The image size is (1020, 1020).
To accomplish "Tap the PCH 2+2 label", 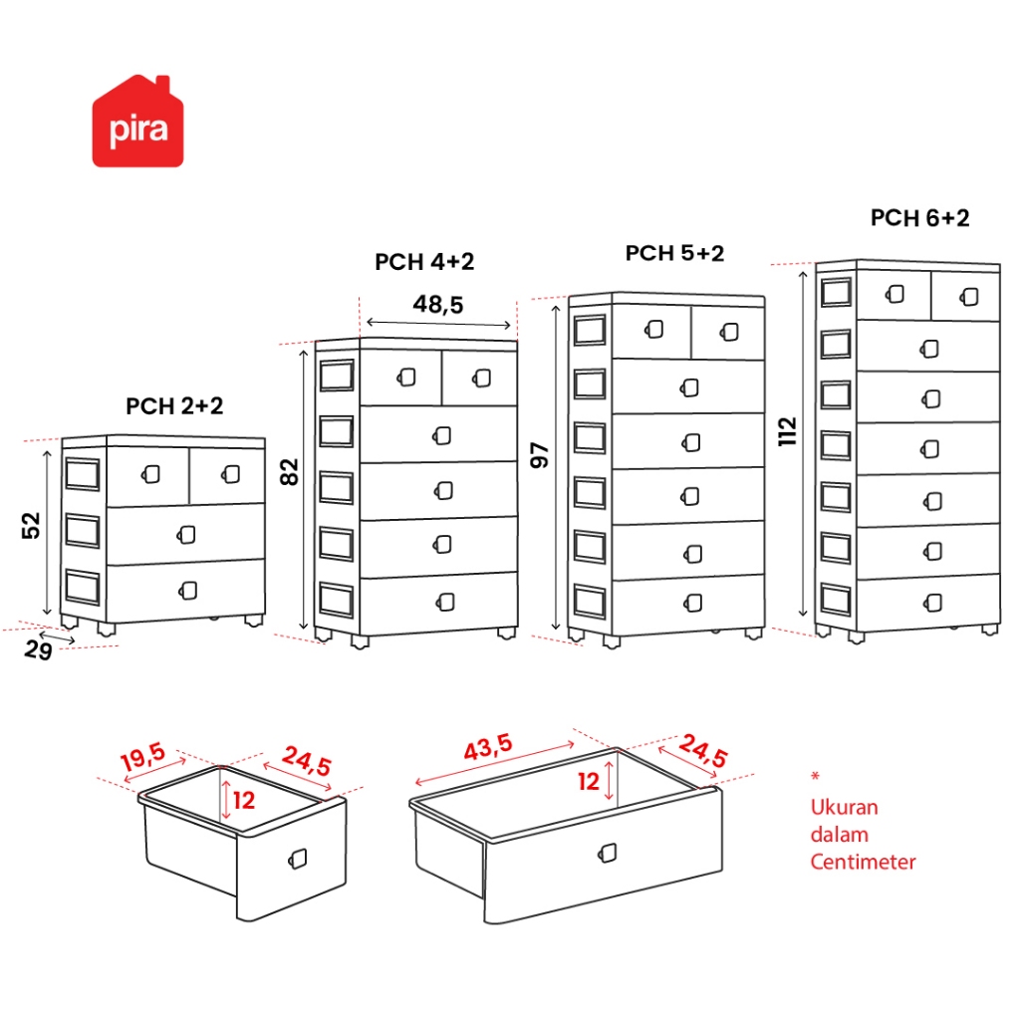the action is pyautogui.click(x=174, y=406).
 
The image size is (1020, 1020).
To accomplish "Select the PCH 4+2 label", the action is pyautogui.click(x=424, y=262).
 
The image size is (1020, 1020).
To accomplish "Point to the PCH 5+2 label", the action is pyautogui.click(x=674, y=253).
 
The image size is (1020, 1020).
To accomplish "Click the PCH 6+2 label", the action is pyautogui.click(x=919, y=218).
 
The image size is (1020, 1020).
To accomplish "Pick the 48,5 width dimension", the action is pyautogui.click(x=438, y=305).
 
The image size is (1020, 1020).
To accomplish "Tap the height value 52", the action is pyautogui.click(x=31, y=525).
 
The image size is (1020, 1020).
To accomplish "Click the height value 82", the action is pyautogui.click(x=291, y=471).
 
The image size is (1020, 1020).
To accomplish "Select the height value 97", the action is pyautogui.click(x=541, y=454).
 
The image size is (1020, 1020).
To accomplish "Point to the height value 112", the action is pyautogui.click(x=789, y=431).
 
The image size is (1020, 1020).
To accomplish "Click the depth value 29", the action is pyautogui.click(x=38, y=650).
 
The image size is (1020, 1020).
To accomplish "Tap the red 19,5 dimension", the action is pyautogui.click(x=143, y=760).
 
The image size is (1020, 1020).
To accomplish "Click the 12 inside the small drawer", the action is pyautogui.click(x=245, y=799).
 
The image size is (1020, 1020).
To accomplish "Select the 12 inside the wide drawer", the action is pyautogui.click(x=589, y=782).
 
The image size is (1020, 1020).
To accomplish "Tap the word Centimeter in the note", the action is pyautogui.click(x=863, y=862).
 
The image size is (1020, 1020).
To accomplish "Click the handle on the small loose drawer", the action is pyautogui.click(x=298, y=859).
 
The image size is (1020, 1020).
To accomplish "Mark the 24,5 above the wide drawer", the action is pyautogui.click(x=703, y=752).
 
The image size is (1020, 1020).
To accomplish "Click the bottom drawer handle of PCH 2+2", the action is pyautogui.click(x=188, y=591).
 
